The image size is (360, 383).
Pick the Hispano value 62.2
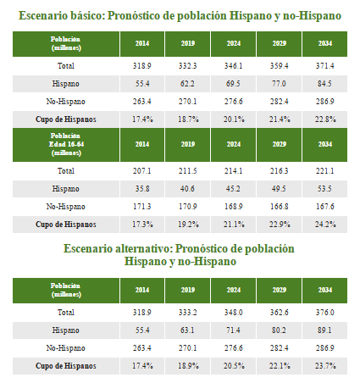pos(186,83)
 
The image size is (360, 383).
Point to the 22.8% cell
pos(325,119)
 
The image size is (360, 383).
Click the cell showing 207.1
pos(141,169)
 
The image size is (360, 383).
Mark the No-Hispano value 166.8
pos(278,206)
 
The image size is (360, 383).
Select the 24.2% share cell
pos(325,224)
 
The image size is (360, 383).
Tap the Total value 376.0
pos(325,312)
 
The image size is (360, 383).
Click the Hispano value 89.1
pos(325,330)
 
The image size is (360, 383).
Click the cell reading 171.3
pos(141,206)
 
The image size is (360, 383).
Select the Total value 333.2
pos(186,312)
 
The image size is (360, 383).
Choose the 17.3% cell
pos(141,224)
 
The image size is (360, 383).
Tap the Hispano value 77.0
pos(278,83)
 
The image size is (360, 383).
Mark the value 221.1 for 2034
pos(325,169)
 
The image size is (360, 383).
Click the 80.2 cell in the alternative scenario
pos(278,330)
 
